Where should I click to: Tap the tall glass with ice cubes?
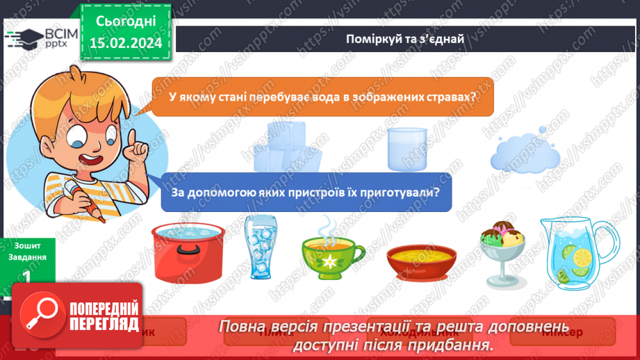point(260,247)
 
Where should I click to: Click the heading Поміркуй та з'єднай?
point(404,38)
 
